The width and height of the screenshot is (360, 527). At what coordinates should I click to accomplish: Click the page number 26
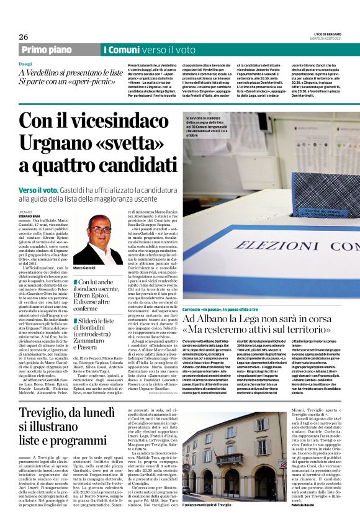point(24,36)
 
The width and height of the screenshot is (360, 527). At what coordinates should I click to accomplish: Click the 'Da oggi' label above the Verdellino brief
point(25,64)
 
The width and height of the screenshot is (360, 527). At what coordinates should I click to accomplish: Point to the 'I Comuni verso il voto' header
point(149,50)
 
